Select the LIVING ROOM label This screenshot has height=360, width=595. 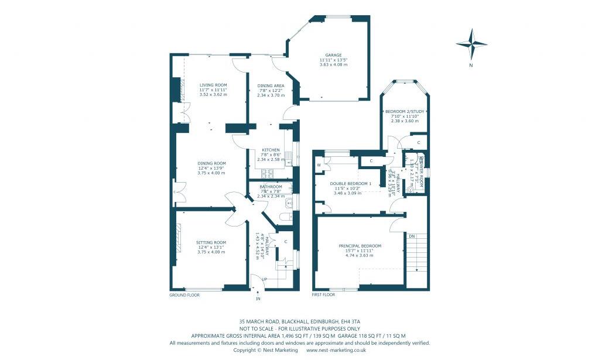[213, 85]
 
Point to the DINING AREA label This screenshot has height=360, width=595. [271, 85]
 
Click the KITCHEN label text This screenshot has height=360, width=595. [271, 150]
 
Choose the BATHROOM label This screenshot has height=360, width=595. [271, 187]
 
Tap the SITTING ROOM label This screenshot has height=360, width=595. [211, 242]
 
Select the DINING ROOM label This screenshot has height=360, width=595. [211, 163]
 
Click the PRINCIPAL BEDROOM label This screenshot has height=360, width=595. [360, 246]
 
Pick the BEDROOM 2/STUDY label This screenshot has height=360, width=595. [405, 111]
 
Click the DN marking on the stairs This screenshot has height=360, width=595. [412, 236]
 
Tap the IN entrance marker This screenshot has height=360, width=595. [257, 299]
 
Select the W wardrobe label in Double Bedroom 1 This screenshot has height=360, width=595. [319, 165]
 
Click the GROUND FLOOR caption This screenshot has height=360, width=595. [184, 296]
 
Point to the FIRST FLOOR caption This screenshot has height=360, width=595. [323, 296]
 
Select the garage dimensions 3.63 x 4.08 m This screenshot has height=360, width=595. [333, 64]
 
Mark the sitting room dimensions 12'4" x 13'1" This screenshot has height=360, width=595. [211, 247]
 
